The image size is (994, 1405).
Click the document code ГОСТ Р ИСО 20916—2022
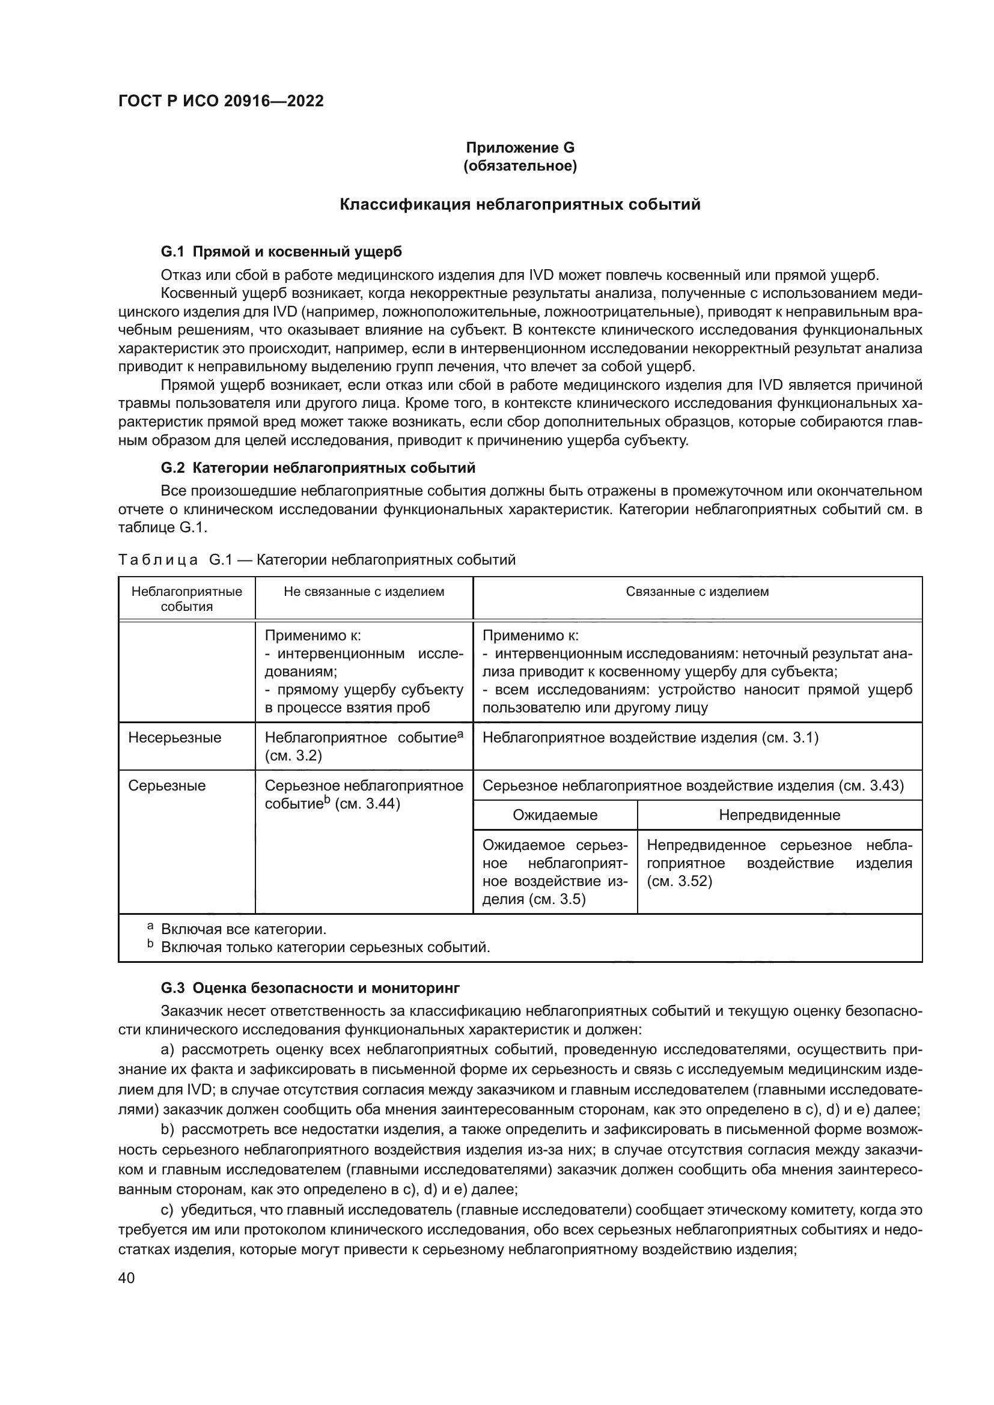[221, 102]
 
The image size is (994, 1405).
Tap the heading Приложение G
[520, 148]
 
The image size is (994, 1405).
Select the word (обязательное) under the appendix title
[520, 166]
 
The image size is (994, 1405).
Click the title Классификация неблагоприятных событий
[520, 204]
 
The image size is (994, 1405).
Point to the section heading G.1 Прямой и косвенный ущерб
[281, 252]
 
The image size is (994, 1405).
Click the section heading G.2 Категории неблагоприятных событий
[318, 468]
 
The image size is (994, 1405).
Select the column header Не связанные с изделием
[364, 592]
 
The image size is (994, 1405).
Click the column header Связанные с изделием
[697, 592]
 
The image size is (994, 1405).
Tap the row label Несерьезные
[174, 738]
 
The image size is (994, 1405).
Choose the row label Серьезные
[166, 786]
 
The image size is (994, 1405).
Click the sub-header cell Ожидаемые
[555, 815]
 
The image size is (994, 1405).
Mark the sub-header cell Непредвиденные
[779, 815]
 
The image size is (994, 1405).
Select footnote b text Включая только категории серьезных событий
[325, 947]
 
